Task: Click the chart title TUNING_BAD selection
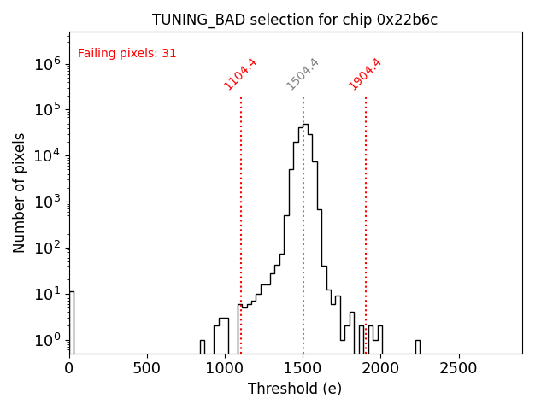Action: coord(295,20)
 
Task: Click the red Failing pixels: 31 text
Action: coord(126,53)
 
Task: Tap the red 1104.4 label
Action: coord(240,74)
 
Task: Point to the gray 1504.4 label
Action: coord(303,74)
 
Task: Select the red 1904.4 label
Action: coord(365,74)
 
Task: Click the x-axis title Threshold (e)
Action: coord(295,389)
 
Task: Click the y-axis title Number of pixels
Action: coord(20,192)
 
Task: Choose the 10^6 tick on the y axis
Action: coord(46,64)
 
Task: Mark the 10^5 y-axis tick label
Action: coord(46,110)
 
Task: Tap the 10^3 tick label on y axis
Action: coord(46,202)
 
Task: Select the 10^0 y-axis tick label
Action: coord(46,341)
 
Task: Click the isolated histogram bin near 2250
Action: coord(418,346)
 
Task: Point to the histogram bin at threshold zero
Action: coord(72,323)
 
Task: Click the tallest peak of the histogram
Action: coord(304,126)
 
